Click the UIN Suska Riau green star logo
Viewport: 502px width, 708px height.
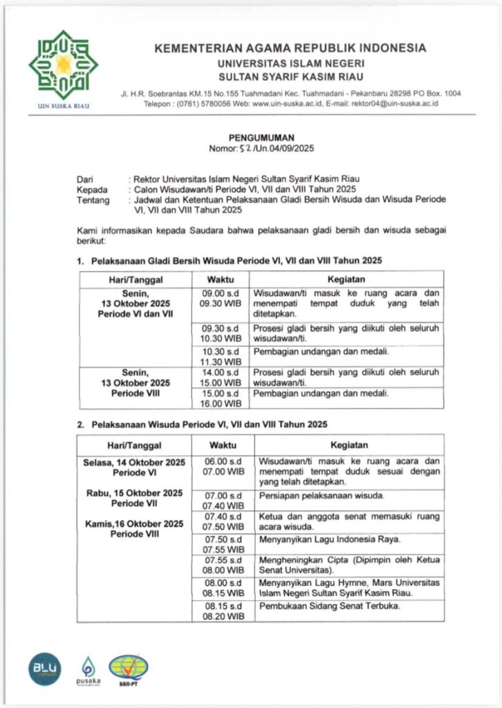63,65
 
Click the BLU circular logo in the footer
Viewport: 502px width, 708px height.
45,668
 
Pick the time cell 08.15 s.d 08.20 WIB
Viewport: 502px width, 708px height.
223,611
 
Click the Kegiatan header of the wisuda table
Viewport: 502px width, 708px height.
348,445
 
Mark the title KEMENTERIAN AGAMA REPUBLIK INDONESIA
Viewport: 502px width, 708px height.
290,48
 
